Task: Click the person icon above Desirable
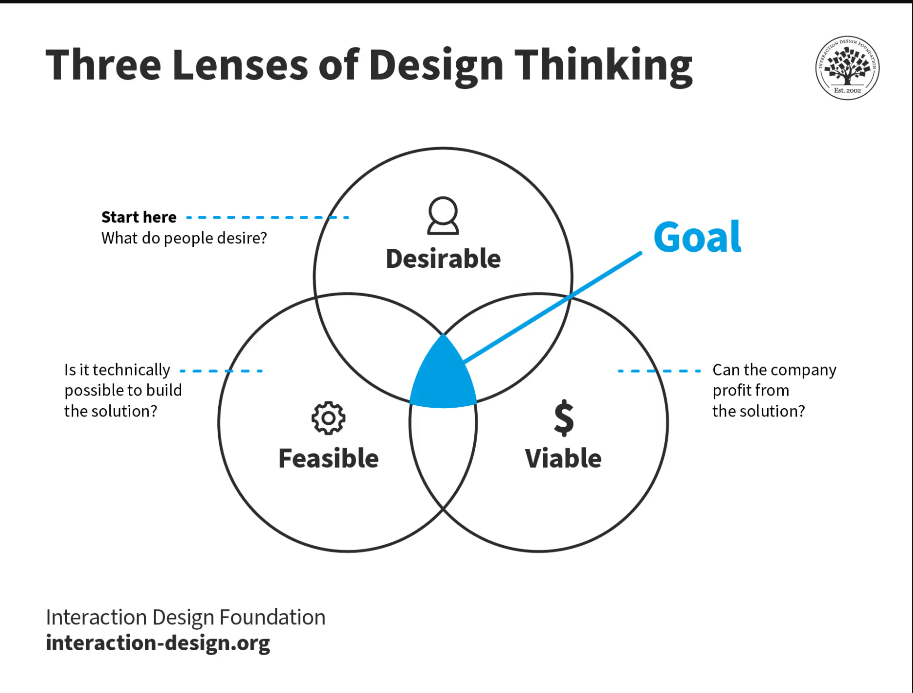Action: point(443,216)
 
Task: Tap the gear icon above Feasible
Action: point(328,418)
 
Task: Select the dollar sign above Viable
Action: point(564,417)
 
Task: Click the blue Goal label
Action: point(697,237)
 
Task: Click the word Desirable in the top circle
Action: point(443,259)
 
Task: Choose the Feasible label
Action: point(328,458)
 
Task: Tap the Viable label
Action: point(563,458)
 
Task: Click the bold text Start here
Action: point(139,217)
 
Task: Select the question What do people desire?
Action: point(184,238)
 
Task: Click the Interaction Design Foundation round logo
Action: point(847,68)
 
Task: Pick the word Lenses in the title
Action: point(240,65)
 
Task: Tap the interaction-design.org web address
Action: point(158,643)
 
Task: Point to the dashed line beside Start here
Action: point(268,217)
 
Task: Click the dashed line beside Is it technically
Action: point(221,371)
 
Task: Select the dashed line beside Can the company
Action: point(659,371)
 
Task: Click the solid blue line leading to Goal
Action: point(552,307)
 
